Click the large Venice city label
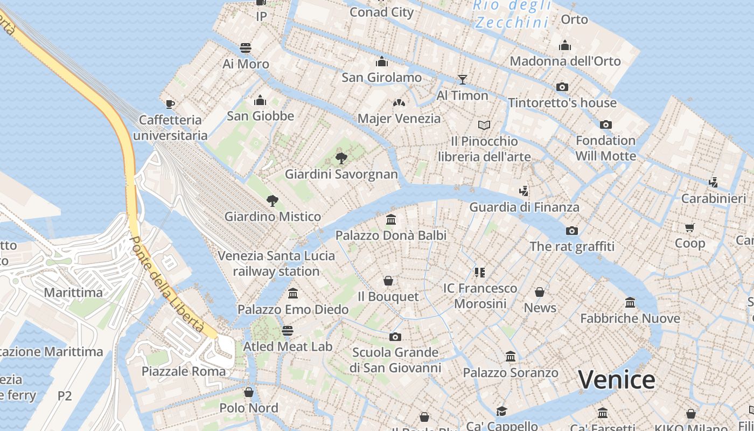pos(617,380)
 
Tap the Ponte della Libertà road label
pos(167,284)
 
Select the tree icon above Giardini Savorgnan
pos(341,158)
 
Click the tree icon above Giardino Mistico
pos(273,201)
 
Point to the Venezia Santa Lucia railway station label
pos(276,263)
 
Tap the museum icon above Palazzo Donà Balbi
pos(391,220)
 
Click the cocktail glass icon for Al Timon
pos(462,80)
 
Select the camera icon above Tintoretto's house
pos(562,87)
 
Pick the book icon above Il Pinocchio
pos(484,126)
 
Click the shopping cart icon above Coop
pos(690,227)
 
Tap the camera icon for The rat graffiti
pos(571,231)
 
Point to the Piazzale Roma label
pos(184,371)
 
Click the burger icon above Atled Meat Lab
pos(288,330)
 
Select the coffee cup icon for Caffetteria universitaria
pos(170,104)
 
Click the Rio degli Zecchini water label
pos(512,14)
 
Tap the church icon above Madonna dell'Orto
pos(565,45)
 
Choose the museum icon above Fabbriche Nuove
pos(630,302)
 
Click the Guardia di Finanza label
pos(524,207)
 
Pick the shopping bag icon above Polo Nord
pos(248,392)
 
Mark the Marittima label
pos(73,293)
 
